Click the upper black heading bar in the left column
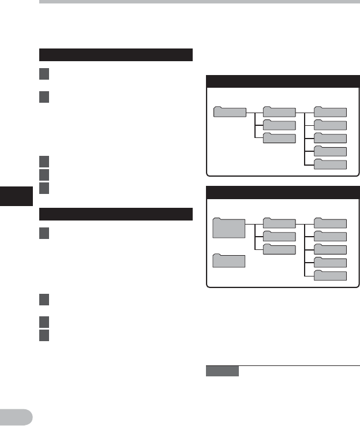(x=115, y=55)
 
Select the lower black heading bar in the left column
(x=115, y=214)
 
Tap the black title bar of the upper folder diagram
(x=283, y=81)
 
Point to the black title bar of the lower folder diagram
(x=283, y=193)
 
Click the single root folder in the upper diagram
(x=230, y=111)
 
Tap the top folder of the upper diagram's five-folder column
(x=331, y=112)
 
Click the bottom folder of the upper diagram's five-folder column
(x=331, y=165)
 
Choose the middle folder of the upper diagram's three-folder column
(x=279, y=125)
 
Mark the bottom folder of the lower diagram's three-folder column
(x=279, y=249)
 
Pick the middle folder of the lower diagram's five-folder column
(x=331, y=249)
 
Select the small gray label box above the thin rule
(x=222, y=371)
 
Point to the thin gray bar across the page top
(x=199, y=2)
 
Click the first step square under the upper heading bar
(x=44, y=74)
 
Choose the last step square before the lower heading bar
(x=44, y=188)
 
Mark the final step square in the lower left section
(x=44, y=334)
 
